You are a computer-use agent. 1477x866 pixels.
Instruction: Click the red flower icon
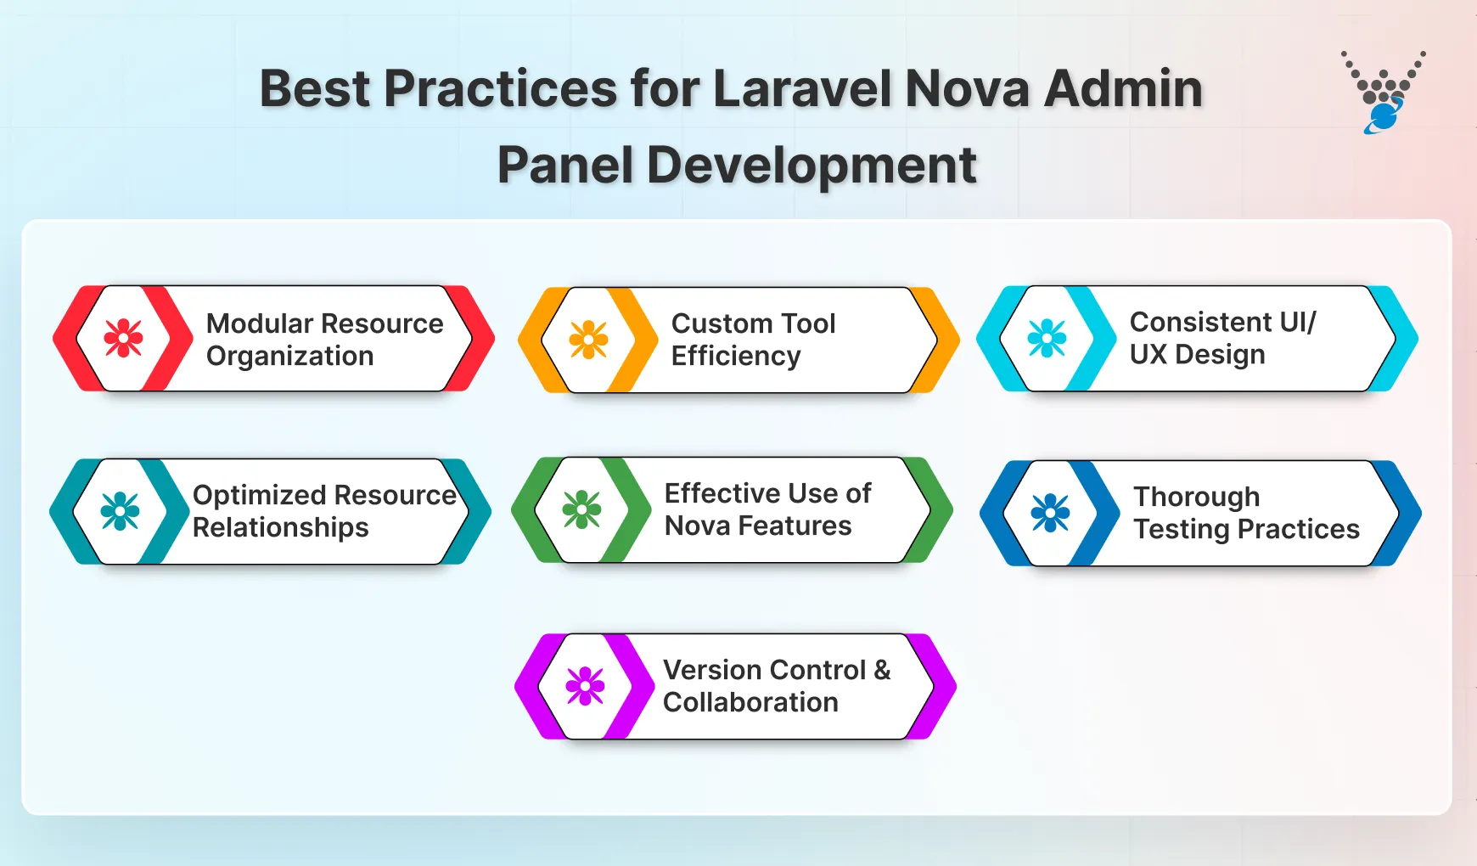[x=123, y=338]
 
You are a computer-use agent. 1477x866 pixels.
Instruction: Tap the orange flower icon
[x=588, y=340]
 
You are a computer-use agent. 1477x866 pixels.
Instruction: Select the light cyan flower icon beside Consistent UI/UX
[x=1047, y=338]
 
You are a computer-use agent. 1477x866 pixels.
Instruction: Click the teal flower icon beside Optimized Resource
[x=120, y=511]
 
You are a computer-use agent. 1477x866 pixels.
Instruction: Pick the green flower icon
[x=581, y=509]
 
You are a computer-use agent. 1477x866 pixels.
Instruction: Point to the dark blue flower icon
[x=1050, y=513]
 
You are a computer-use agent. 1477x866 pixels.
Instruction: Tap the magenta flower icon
[x=585, y=686]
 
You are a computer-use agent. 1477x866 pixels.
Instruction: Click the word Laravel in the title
[x=803, y=88]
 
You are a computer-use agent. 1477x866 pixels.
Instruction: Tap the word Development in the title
[x=812, y=165]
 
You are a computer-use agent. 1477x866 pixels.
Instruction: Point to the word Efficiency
[x=735, y=356]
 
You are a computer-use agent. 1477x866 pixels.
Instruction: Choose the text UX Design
[x=1197, y=354]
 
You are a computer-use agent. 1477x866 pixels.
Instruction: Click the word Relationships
[x=280, y=527]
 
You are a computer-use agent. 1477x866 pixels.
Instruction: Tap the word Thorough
[x=1196, y=497]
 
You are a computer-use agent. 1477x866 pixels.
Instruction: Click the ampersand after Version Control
[x=882, y=670]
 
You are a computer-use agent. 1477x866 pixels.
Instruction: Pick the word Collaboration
[x=750, y=702]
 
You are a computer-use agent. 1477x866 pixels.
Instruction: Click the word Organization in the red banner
[x=289, y=356]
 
